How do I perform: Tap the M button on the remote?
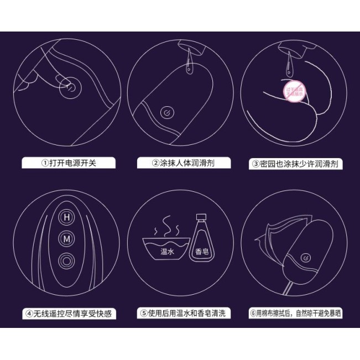67,238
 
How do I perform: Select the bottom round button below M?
67,258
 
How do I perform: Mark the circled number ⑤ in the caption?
145,314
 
